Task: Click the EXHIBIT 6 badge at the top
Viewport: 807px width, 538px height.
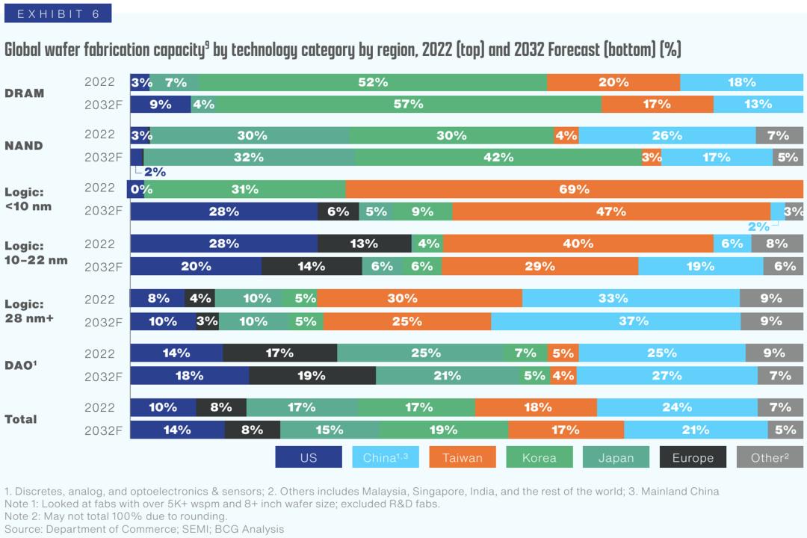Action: tap(58, 13)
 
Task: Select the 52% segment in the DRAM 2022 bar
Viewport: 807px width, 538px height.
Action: tap(372, 82)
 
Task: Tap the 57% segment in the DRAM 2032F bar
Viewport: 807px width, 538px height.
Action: tap(408, 104)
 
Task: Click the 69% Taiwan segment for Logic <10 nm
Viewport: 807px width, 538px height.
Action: tap(574, 189)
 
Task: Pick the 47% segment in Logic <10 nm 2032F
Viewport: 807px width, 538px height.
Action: tap(610, 211)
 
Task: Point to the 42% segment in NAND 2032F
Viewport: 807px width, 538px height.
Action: tap(498, 157)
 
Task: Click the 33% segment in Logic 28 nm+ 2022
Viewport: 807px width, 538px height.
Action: tap(613, 298)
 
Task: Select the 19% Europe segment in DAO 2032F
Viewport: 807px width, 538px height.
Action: tap(312, 375)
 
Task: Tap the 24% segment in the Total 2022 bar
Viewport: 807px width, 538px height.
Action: tap(676, 407)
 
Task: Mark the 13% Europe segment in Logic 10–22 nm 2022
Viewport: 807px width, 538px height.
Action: tap(364, 244)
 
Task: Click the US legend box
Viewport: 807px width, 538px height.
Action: tap(309, 457)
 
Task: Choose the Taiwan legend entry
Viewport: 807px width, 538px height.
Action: tap(462, 457)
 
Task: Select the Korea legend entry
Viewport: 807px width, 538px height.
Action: tap(539, 457)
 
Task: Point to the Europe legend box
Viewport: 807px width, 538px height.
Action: tap(693, 457)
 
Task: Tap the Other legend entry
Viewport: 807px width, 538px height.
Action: tap(769, 457)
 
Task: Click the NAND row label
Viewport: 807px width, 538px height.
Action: tap(23, 146)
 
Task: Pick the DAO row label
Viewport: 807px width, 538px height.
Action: tap(21, 365)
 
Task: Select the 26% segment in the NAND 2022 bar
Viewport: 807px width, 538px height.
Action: tap(667, 135)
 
